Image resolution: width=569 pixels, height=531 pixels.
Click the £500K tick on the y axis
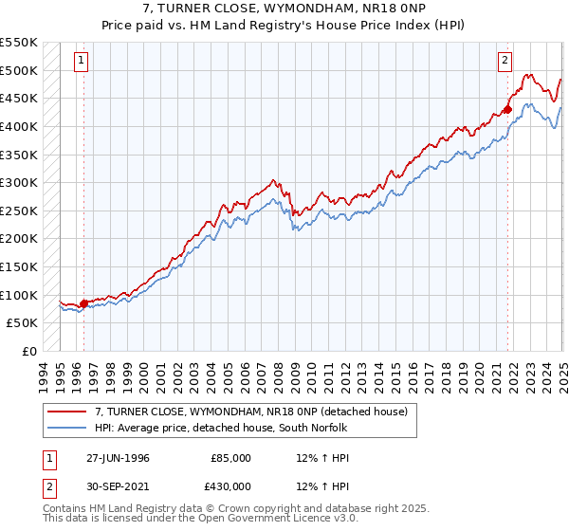(19, 70)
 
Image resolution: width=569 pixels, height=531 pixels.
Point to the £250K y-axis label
(19, 211)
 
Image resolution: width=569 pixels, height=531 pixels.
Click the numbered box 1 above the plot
(83, 61)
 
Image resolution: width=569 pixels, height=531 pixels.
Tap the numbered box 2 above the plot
(504, 61)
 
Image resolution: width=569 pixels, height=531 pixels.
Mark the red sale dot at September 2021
(507, 109)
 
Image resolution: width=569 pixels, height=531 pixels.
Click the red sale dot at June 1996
(83, 303)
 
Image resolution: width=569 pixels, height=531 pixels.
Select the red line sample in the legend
(67, 412)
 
